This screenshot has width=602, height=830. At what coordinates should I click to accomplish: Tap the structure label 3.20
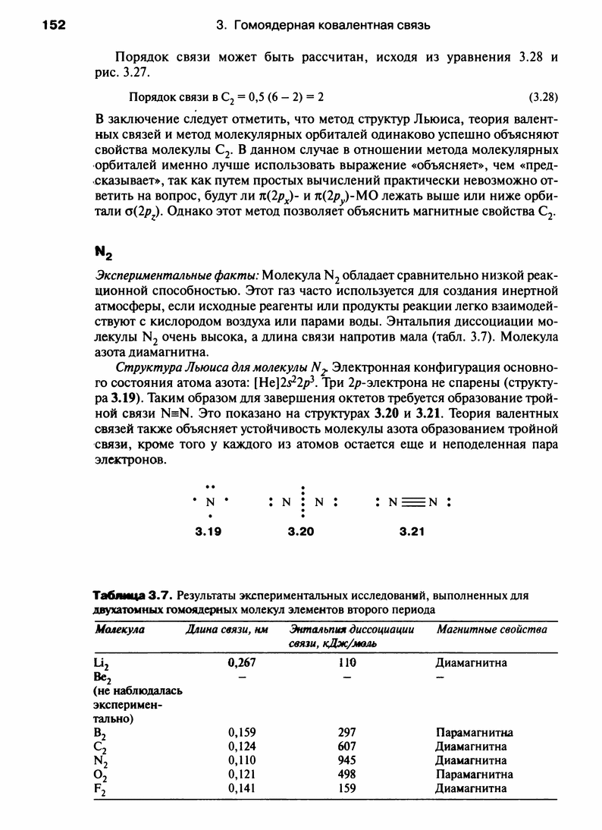point(301,533)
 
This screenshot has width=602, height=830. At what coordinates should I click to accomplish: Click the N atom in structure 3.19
point(212,502)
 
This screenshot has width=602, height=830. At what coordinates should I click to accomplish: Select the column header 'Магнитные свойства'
point(491,630)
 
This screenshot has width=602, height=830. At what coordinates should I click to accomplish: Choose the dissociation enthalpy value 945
point(348,760)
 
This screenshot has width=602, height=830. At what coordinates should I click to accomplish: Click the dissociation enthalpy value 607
point(348,747)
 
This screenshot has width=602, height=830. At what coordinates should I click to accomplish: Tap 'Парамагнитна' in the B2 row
point(475,733)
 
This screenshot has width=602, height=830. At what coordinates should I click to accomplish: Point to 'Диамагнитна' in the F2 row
point(471,788)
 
